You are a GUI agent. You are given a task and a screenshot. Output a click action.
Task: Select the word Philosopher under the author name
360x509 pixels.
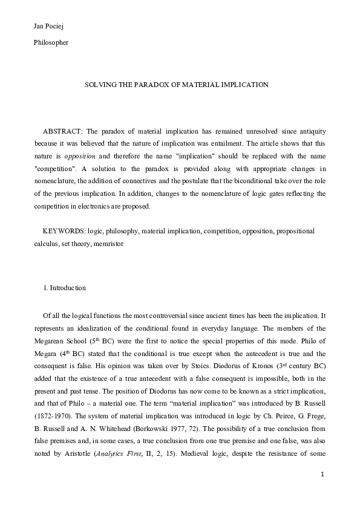coord(51,42)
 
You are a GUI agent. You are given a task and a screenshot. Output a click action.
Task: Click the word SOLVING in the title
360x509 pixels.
coord(97,85)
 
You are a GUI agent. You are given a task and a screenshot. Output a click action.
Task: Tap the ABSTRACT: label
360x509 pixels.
coord(63,132)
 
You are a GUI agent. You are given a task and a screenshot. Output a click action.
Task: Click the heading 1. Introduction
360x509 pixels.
coord(65,288)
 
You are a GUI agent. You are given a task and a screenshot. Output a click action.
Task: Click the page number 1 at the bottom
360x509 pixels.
coord(323,491)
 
